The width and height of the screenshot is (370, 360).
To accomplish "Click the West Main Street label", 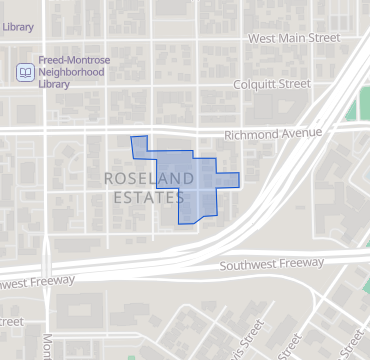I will click(294, 38).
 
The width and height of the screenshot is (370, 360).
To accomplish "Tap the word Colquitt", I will click(255, 85).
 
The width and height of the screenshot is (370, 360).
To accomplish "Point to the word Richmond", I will click(248, 133).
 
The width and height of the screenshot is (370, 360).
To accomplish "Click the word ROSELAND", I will click(147, 179).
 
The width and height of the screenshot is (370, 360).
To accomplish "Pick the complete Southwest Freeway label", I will click(272, 264).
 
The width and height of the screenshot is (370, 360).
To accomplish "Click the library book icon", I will click(25, 72).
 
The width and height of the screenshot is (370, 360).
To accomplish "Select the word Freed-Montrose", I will click(75, 60).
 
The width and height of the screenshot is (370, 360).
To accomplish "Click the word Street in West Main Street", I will click(324, 38).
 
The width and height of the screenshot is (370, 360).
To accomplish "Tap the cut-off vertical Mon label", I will click(47, 345).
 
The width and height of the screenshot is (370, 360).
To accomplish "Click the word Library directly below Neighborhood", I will click(55, 84).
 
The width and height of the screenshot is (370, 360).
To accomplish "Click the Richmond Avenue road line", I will click(100, 128).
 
